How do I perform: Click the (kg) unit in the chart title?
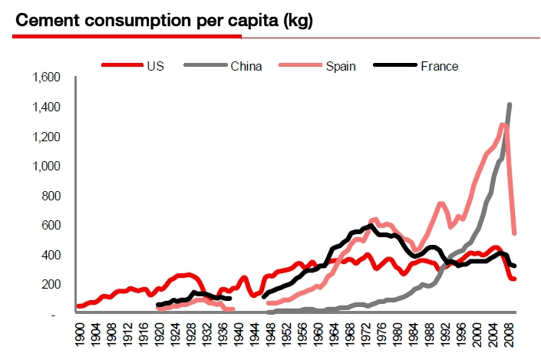pos(299,21)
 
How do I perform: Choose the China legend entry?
pos(246,66)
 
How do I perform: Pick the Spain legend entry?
pos(339,66)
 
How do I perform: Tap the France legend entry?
pos(439,66)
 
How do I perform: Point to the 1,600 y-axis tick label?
pos(45,78)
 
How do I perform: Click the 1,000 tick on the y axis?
pos(45,166)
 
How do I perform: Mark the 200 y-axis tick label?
pos(51,284)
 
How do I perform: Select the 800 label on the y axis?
pos(51,196)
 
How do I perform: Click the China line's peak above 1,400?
pos(510,104)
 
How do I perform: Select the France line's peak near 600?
pos(372,226)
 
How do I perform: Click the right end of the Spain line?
pos(514,233)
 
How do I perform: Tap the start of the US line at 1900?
pos(78,306)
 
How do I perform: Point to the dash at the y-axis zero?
pos(54,314)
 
